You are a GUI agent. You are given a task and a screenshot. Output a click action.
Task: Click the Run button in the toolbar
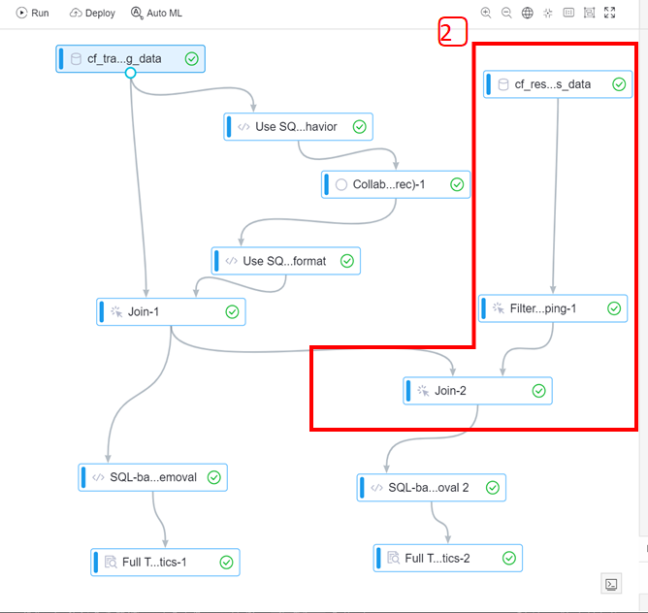point(32,14)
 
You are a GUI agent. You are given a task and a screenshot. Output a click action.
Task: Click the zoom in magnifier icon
point(486,14)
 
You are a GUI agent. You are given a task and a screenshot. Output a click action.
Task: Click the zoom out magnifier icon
point(506,14)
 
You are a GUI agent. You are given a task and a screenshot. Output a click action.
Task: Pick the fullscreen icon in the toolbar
point(609,14)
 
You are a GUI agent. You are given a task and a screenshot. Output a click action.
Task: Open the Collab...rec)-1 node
point(395,184)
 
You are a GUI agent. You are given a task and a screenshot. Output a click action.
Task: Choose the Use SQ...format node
point(285,260)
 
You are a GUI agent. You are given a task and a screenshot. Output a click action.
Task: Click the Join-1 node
point(171,311)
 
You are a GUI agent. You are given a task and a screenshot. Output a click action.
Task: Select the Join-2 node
point(477,391)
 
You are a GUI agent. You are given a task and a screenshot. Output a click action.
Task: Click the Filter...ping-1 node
point(552,308)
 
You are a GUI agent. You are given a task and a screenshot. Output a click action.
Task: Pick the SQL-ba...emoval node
point(152,477)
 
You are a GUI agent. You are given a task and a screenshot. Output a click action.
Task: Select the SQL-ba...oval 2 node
point(431,487)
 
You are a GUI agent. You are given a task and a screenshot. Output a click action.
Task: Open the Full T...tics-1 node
point(165,562)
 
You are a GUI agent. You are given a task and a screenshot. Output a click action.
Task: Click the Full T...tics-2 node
point(447,558)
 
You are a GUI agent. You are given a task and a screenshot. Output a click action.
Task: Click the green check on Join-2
point(539,391)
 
